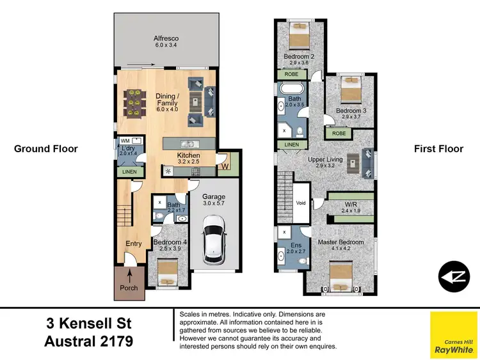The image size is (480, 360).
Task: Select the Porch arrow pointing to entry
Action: tap(130, 276)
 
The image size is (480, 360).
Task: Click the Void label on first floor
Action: tap(301, 203)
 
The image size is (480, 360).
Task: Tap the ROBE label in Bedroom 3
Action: tap(339, 134)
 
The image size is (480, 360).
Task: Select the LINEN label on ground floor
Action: tap(129, 171)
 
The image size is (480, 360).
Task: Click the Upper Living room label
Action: tap(324, 159)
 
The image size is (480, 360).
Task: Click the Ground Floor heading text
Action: tap(45, 149)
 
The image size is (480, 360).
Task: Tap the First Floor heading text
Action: tap(438, 149)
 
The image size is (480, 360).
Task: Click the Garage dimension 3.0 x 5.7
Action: tap(214, 203)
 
